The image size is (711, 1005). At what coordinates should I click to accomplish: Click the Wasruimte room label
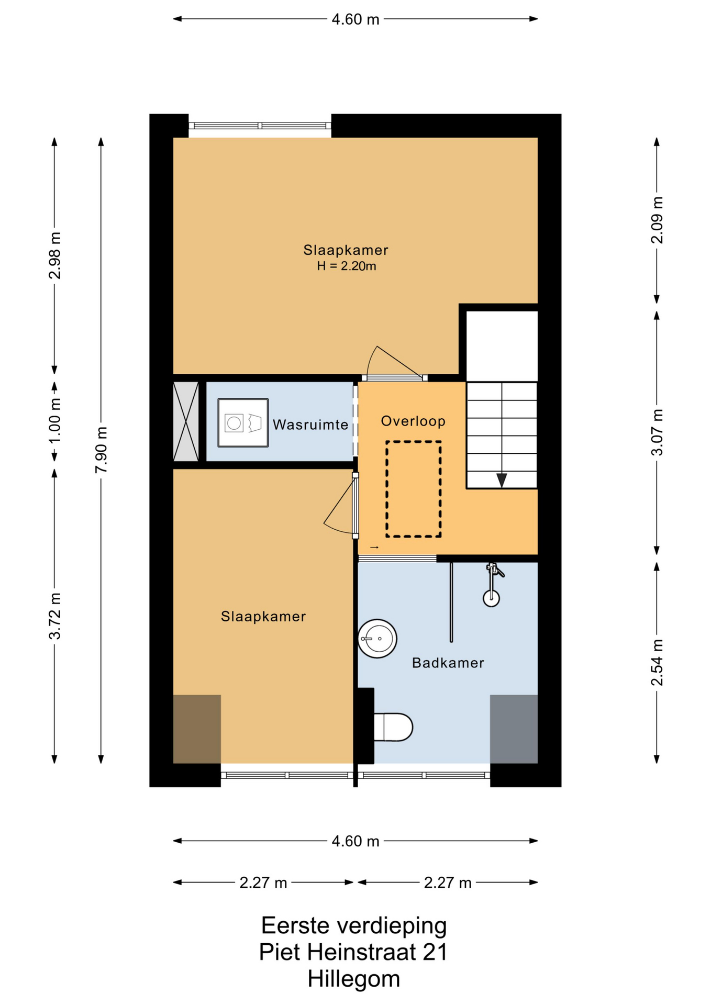point(310,425)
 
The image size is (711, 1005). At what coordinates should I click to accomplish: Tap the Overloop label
point(413,421)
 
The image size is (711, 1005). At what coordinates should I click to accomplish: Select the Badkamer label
point(448,663)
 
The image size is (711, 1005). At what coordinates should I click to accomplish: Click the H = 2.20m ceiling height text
point(347,266)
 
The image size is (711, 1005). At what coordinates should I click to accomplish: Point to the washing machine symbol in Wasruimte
point(243,423)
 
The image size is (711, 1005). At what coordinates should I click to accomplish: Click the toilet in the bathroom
point(393,727)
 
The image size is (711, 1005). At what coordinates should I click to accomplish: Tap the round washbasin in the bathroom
point(377,639)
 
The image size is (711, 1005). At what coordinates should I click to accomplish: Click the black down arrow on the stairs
point(502,480)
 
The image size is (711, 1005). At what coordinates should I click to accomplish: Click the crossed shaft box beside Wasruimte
point(186,421)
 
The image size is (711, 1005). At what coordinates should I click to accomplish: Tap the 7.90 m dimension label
point(102,450)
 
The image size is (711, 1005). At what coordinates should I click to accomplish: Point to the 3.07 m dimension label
point(657,432)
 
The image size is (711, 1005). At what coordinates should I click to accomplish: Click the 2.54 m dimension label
point(657,662)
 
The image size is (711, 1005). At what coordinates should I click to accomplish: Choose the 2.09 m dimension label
point(657,220)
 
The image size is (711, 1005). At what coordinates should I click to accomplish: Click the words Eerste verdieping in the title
point(354,925)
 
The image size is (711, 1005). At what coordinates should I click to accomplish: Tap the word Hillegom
point(354,979)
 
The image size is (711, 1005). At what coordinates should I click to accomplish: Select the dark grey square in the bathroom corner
point(514,729)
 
